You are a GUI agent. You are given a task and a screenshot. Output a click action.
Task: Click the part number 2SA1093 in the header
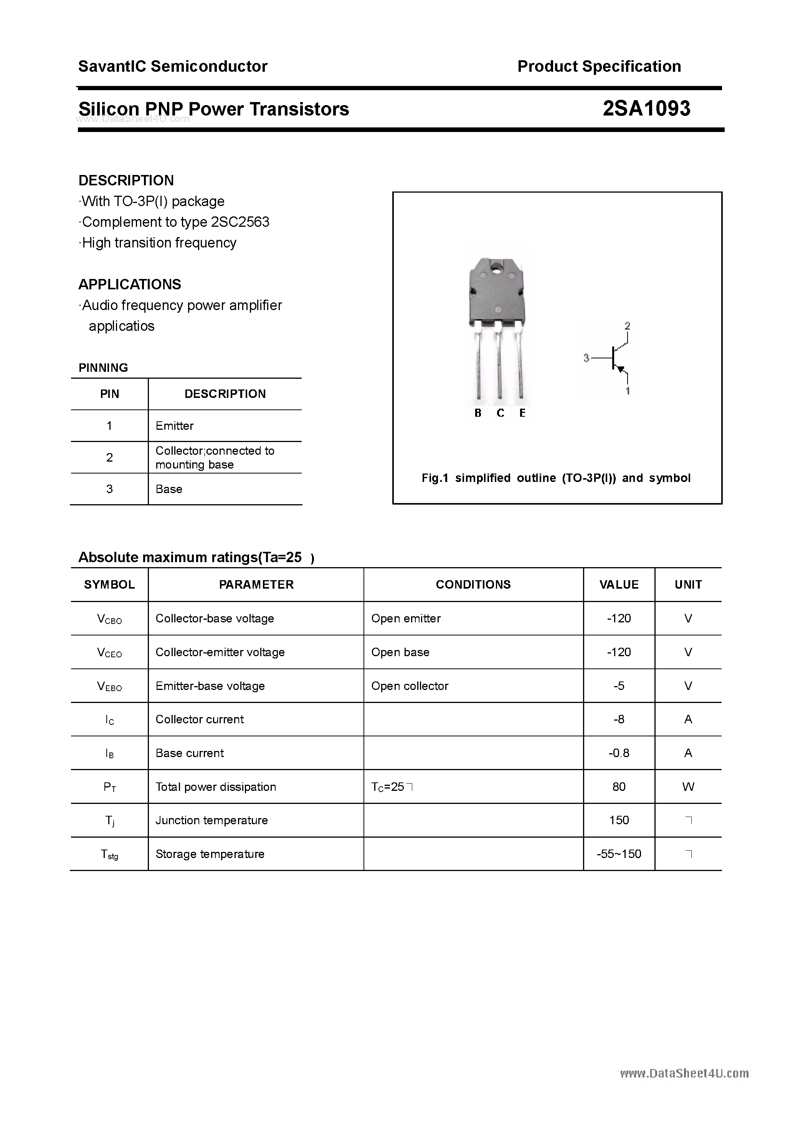(x=646, y=109)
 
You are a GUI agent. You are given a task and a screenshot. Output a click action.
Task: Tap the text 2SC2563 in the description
(x=240, y=222)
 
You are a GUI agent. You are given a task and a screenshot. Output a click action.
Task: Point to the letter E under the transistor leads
(x=522, y=413)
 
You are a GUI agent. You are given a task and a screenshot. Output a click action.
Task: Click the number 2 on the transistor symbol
(x=627, y=325)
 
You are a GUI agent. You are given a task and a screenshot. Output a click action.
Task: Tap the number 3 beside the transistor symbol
(x=586, y=358)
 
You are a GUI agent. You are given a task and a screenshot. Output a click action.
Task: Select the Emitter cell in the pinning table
(x=175, y=426)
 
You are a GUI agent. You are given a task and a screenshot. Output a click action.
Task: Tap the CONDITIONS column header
(x=473, y=584)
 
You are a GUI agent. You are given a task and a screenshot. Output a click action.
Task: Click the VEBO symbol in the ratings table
(x=109, y=686)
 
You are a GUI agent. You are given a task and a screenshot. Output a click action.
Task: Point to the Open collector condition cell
(x=410, y=686)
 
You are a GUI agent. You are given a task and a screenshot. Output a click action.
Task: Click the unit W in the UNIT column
(x=688, y=787)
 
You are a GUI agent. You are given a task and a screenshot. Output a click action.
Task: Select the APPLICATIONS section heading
(x=130, y=284)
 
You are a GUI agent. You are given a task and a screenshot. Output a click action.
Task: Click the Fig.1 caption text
(x=556, y=478)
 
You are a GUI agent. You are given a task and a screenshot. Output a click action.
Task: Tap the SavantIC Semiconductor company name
(x=173, y=66)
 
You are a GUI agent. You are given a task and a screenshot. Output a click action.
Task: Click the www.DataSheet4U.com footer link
(x=684, y=1074)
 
